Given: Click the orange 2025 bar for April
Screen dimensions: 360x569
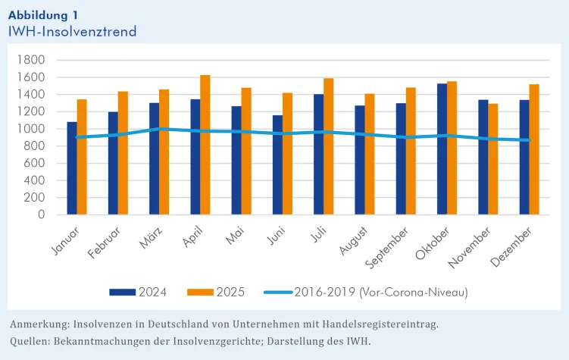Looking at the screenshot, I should [x=205, y=145].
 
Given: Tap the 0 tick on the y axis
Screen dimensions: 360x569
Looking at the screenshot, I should [x=42, y=215].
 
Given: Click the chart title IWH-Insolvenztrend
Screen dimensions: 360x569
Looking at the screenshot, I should [x=73, y=32].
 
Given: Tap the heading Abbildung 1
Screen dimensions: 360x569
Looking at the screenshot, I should [x=42, y=14].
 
